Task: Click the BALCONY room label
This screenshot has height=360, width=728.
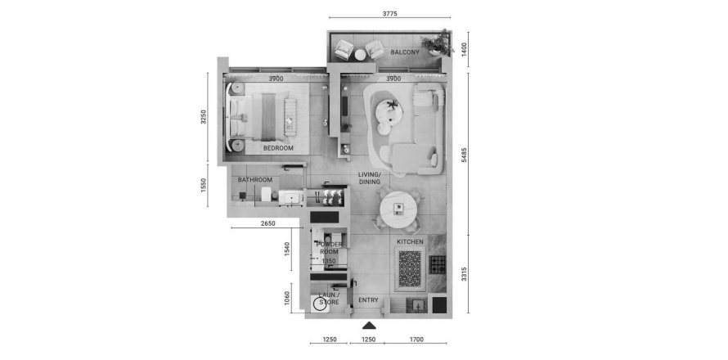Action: pyautogui.click(x=405, y=52)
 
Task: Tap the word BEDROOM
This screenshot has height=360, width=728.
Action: pyautogui.click(x=278, y=148)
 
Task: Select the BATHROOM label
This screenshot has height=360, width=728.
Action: pyautogui.click(x=254, y=180)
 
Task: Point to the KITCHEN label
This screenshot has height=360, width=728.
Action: pyautogui.click(x=410, y=243)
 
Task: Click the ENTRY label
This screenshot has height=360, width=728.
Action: pyautogui.click(x=368, y=300)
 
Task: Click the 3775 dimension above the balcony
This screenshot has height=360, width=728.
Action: pyautogui.click(x=389, y=12)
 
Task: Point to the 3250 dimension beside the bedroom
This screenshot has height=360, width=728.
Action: pyautogui.click(x=206, y=118)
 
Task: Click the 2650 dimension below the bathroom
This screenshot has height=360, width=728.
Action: pyautogui.click(x=268, y=223)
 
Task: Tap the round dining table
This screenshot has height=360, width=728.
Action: pyautogui.click(x=398, y=209)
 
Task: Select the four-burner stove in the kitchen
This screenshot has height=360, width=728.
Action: pyautogui.click(x=438, y=264)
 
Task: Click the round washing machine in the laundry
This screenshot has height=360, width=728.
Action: pyautogui.click(x=321, y=304)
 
